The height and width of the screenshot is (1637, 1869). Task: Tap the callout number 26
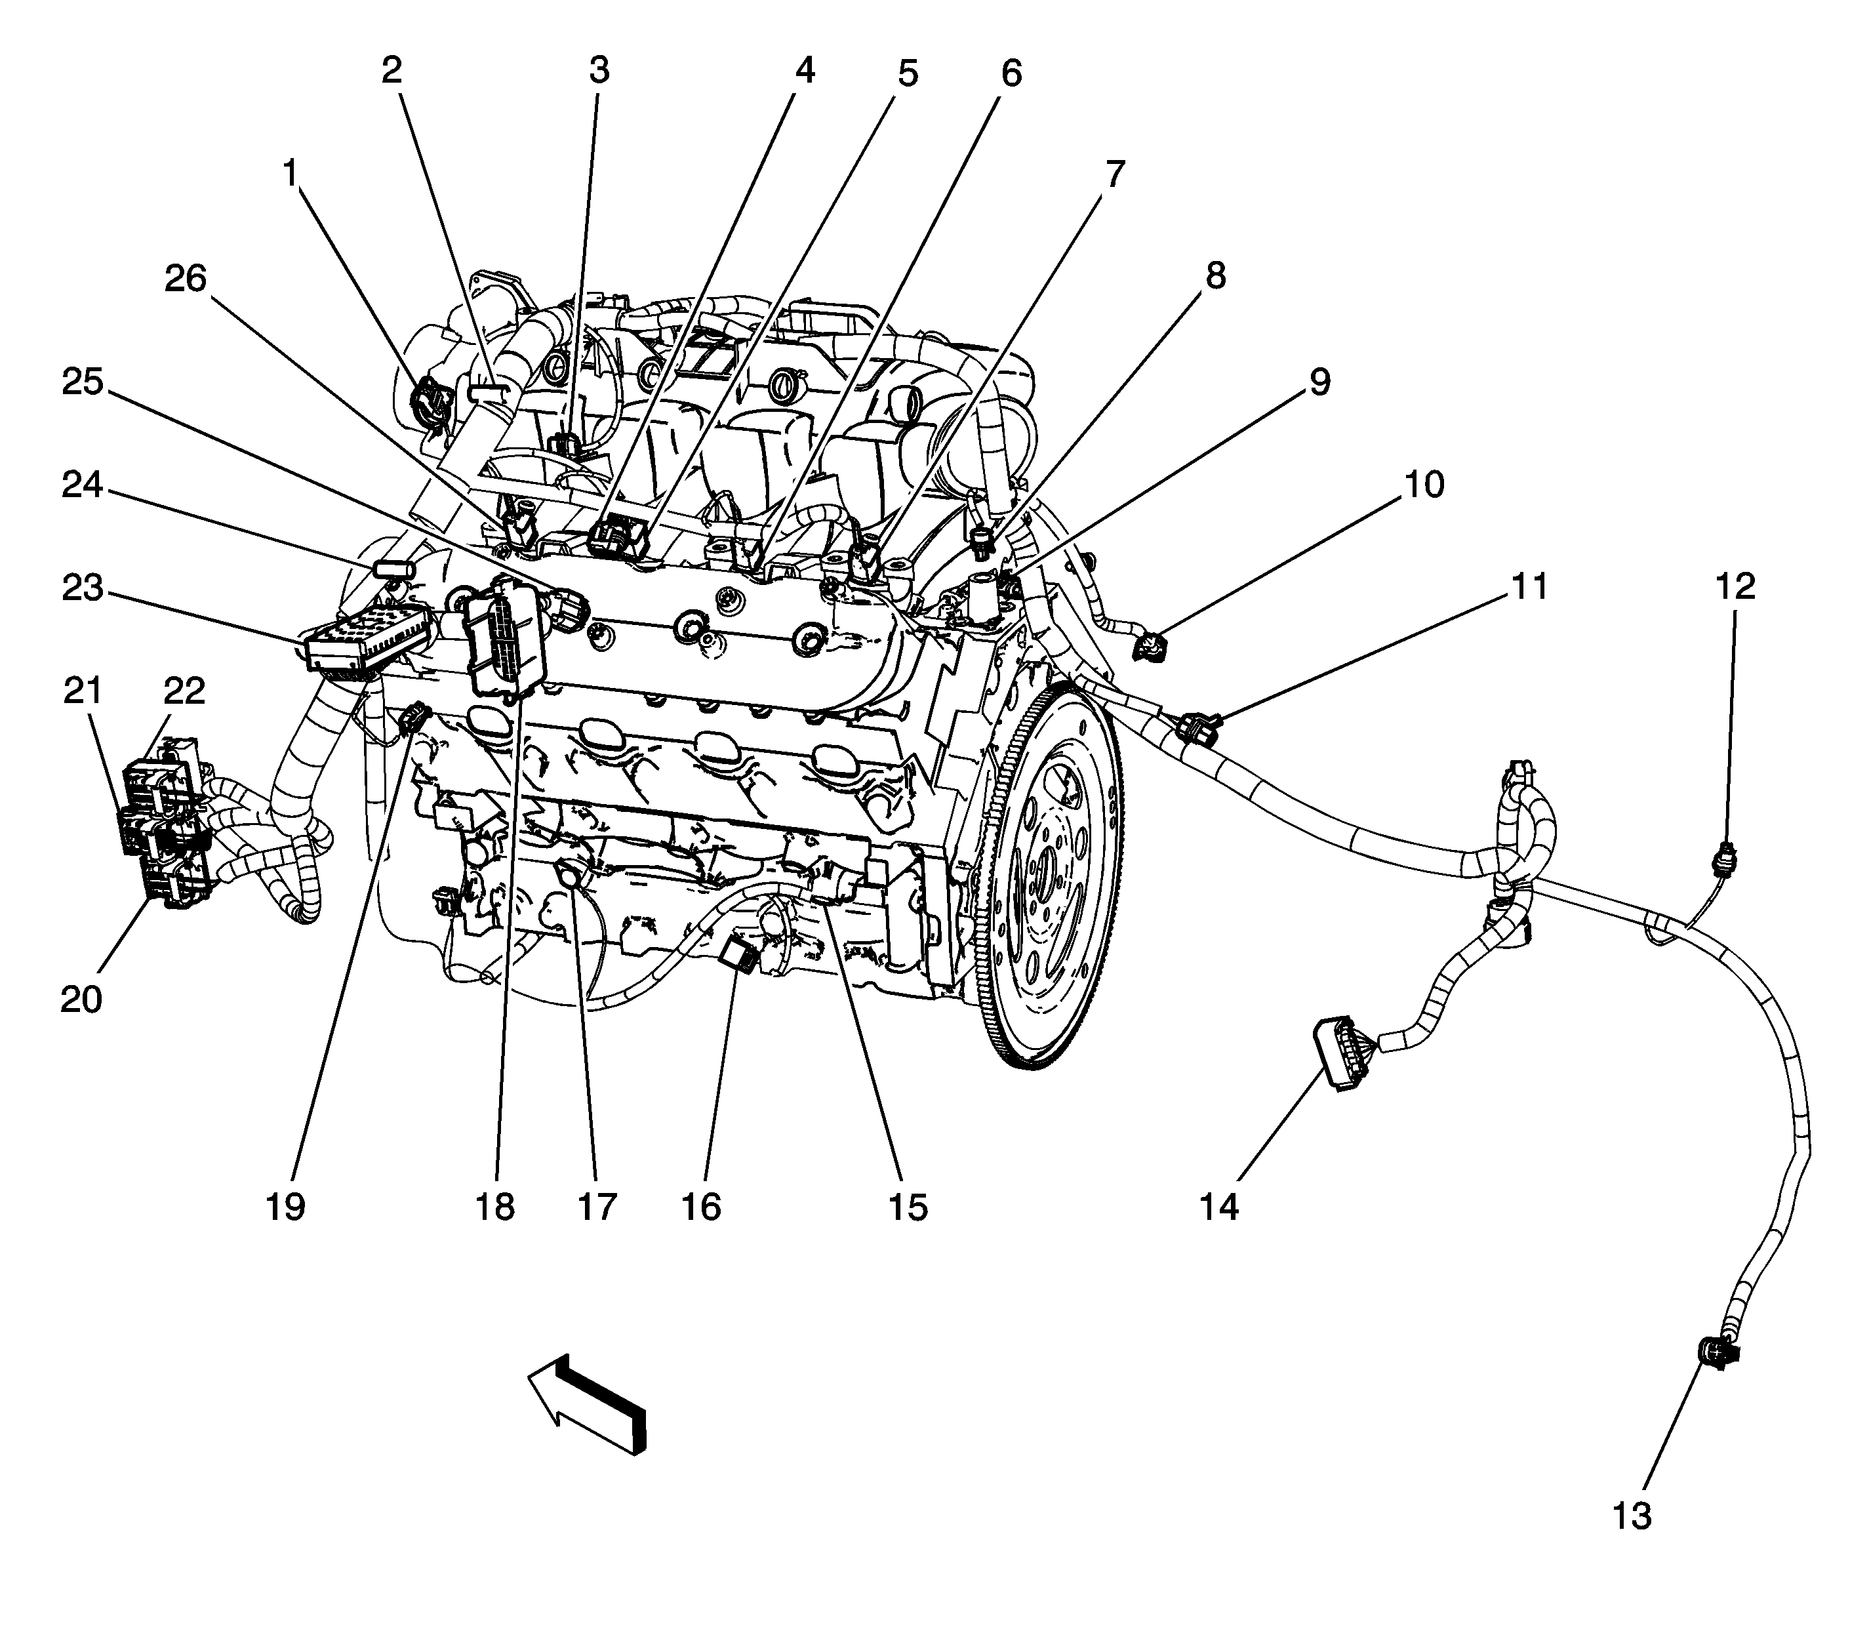point(186,279)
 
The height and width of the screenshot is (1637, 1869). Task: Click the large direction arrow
point(588,1402)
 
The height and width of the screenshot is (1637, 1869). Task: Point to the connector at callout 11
point(1199,728)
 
